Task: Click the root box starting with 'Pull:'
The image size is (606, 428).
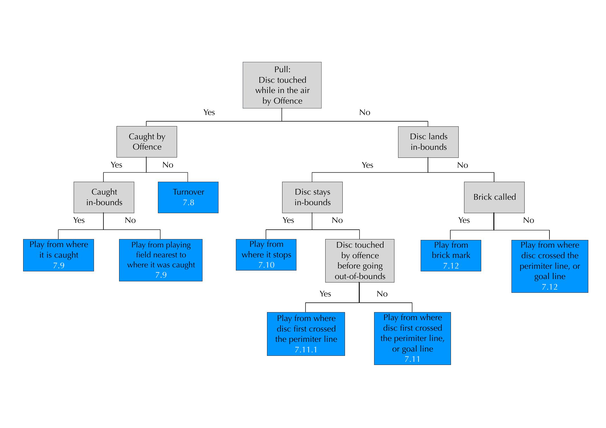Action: [x=282, y=85]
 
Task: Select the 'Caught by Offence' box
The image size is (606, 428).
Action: [x=147, y=142]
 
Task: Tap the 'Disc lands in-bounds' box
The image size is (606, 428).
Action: [x=428, y=142]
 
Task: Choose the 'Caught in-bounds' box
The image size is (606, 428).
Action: [x=104, y=197]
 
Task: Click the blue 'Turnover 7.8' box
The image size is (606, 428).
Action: [x=188, y=197]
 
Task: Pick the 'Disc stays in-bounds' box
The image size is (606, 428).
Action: [x=312, y=197]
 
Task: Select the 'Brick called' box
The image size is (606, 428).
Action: [x=494, y=197]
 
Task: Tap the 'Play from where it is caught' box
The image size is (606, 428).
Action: [x=59, y=255]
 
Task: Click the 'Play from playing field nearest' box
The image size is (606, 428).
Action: [x=161, y=260]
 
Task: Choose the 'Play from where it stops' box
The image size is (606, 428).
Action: [x=266, y=255]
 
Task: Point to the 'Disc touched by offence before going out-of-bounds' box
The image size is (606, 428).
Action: [x=360, y=261]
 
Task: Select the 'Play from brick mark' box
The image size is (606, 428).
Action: [x=451, y=255]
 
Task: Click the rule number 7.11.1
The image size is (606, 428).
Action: [x=306, y=350]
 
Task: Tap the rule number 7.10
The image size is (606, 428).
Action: [x=266, y=265]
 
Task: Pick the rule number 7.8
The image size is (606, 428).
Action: [x=188, y=203]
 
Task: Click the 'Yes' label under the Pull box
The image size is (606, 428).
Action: [x=209, y=112]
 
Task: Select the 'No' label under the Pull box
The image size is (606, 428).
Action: [x=365, y=112]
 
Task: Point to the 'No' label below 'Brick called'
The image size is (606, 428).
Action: [x=528, y=220]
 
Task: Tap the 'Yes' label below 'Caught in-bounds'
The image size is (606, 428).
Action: [x=79, y=220]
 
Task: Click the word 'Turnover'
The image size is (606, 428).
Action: [x=188, y=192]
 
